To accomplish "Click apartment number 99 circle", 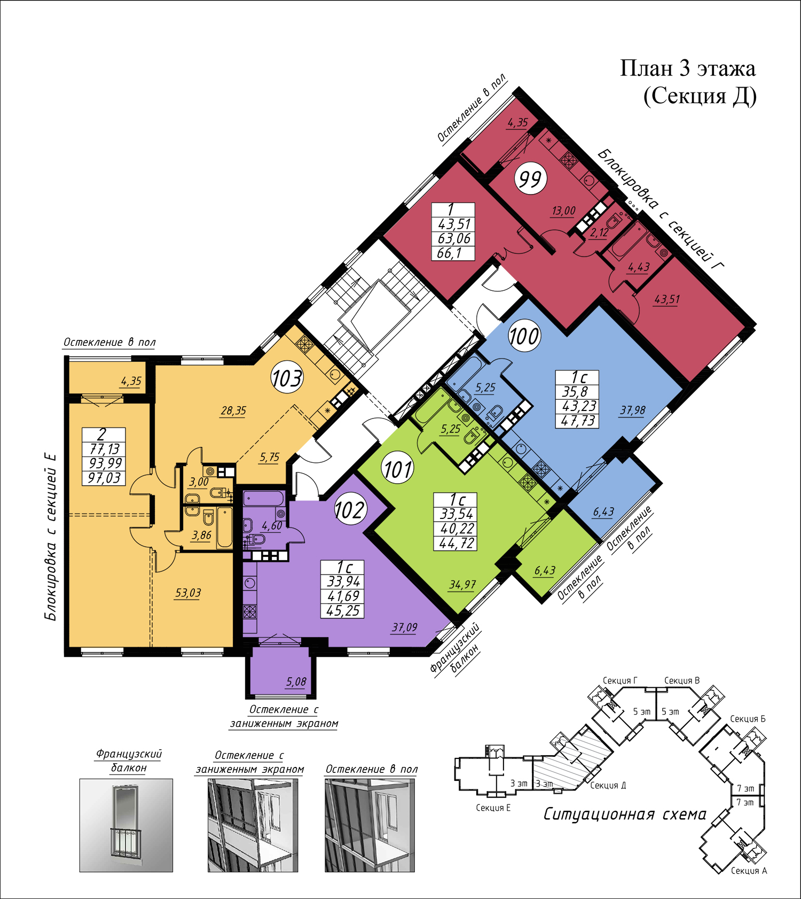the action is pyautogui.click(x=531, y=179).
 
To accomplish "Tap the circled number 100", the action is pyautogui.click(x=524, y=336).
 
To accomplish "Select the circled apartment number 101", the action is pyautogui.click(x=398, y=469).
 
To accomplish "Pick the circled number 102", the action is pyautogui.click(x=349, y=510).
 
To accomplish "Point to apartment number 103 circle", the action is pyautogui.click(x=287, y=378).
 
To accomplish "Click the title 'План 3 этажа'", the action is pyautogui.click(x=688, y=68).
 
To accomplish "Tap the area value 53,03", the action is pyautogui.click(x=188, y=593).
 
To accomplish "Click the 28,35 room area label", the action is pyautogui.click(x=233, y=410).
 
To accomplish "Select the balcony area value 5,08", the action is pyautogui.click(x=296, y=681).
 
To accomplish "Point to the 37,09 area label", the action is pyautogui.click(x=404, y=627).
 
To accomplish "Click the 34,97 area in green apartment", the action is pyautogui.click(x=462, y=585).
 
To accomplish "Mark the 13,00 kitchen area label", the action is pyautogui.click(x=563, y=211).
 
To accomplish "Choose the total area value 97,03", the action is pyautogui.click(x=104, y=478).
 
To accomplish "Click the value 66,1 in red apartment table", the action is pyautogui.click(x=449, y=253).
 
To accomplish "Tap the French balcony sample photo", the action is pyautogui.click(x=126, y=825).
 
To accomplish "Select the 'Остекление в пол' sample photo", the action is pyautogui.click(x=370, y=825).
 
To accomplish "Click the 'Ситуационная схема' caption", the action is pyautogui.click(x=625, y=815).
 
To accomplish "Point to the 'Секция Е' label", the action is pyautogui.click(x=493, y=808).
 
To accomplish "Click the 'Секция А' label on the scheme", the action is pyautogui.click(x=749, y=871).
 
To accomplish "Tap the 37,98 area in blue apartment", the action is pyautogui.click(x=633, y=410).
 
